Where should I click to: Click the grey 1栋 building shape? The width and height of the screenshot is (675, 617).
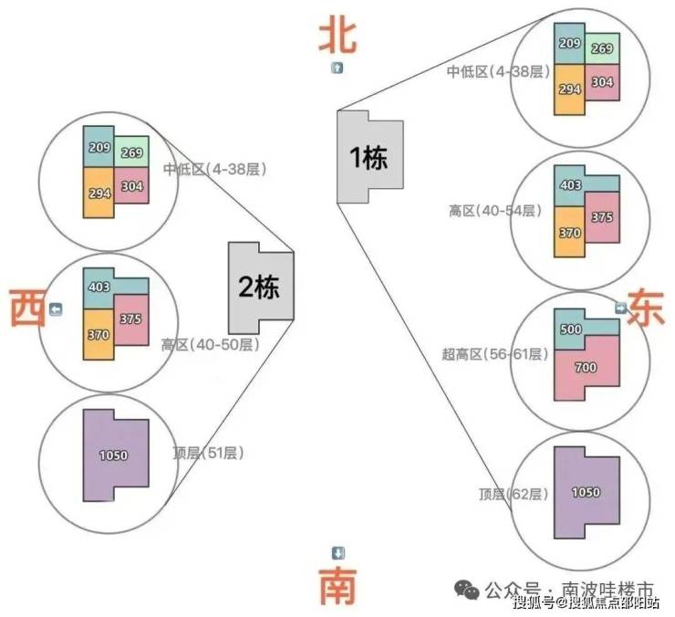[369, 157]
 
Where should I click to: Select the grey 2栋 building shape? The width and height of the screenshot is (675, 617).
[261, 288]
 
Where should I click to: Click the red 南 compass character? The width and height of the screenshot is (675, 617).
[337, 586]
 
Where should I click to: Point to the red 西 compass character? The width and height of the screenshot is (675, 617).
[27, 308]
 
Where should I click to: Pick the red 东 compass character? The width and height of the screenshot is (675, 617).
[646, 308]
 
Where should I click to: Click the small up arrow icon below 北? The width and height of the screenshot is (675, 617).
[337, 68]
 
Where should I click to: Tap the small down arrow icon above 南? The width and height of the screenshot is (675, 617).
[337, 553]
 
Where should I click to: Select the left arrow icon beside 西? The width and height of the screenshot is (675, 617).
[56, 309]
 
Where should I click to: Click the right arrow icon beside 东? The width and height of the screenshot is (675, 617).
[620, 308]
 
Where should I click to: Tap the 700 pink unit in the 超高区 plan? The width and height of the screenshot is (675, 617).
[587, 368]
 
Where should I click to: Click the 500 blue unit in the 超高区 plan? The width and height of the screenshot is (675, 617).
[570, 329]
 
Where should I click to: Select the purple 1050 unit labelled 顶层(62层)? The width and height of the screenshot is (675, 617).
[587, 493]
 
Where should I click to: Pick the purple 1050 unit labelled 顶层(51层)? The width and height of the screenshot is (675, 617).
[115, 455]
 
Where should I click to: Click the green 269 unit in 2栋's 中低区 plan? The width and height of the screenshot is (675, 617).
[131, 152]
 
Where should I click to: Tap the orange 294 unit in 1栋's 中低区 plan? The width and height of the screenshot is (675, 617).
[569, 89]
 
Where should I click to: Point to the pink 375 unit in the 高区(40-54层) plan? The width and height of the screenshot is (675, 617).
[602, 217]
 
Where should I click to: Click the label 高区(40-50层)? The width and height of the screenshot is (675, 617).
[211, 345]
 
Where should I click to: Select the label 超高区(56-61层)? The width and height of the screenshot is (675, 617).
[495, 354]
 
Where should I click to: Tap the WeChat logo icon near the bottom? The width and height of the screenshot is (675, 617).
[467, 590]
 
